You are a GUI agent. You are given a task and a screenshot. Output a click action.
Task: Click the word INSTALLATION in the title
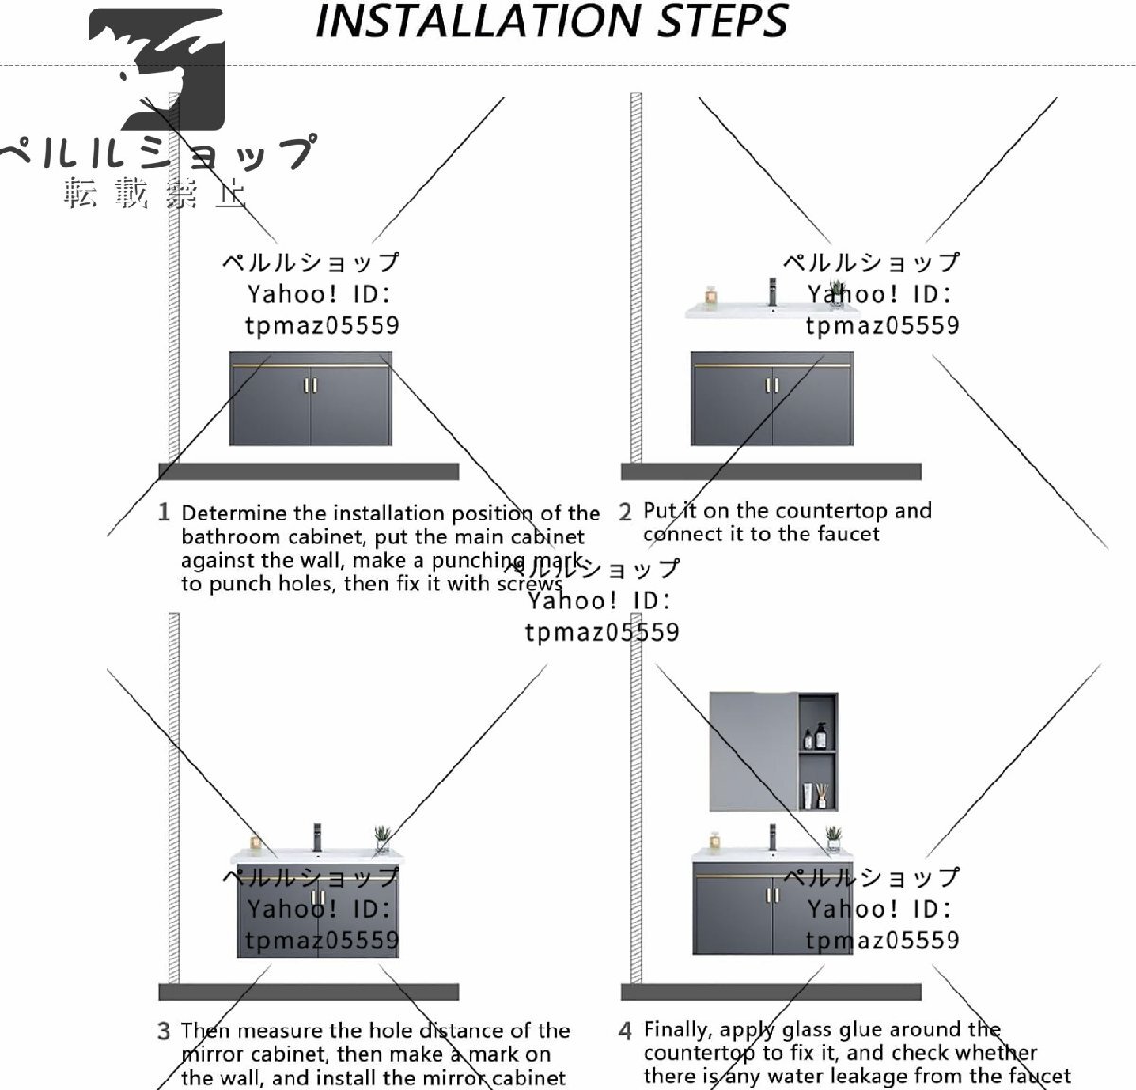tap(479, 21)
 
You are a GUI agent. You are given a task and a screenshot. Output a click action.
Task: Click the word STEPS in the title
tap(723, 21)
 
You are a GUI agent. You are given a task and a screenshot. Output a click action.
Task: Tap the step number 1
tap(164, 513)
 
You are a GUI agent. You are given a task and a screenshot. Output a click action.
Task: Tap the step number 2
tap(625, 513)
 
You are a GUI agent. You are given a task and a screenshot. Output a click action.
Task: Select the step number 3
tap(164, 1031)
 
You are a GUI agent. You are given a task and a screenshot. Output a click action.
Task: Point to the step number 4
tap(625, 1030)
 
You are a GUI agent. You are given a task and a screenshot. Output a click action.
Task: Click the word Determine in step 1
tap(234, 514)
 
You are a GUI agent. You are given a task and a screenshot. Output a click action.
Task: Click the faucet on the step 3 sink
tap(318, 836)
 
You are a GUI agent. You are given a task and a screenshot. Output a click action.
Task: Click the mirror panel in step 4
tap(754, 750)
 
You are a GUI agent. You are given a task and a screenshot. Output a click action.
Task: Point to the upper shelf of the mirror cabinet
tap(819, 725)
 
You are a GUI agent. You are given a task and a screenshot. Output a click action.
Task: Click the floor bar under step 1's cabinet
tap(309, 471)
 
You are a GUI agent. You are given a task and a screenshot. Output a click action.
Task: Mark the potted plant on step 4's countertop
tap(833, 838)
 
